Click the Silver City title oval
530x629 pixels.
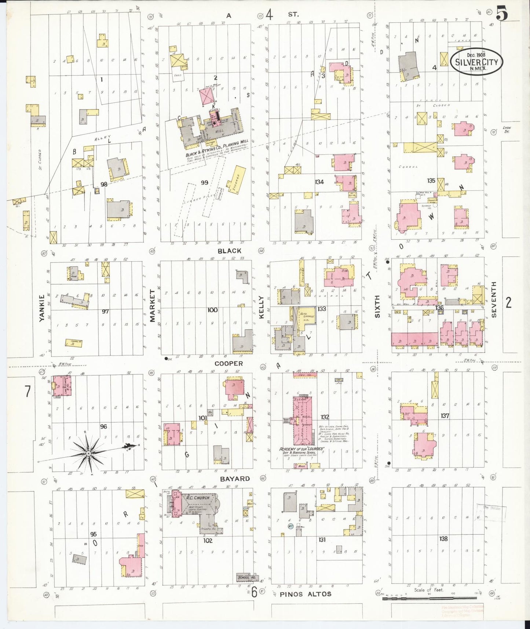[x=476, y=61]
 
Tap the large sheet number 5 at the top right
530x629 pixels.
[x=502, y=14]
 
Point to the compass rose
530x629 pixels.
[x=88, y=454]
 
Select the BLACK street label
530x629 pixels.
[x=229, y=251]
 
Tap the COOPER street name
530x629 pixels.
[x=229, y=363]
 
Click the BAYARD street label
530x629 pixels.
[x=235, y=479]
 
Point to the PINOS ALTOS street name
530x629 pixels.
[x=305, y=594]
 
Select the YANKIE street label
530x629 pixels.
[x=42, y=308]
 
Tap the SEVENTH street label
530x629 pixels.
[x=494, y=299]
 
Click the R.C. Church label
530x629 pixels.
[x=197, y=498]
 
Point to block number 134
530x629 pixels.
[x=319, y=182]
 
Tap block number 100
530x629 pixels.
[x=212, y=310]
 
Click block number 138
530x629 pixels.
[x=443, y=539]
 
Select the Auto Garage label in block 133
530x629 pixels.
[x=305, y=314]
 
